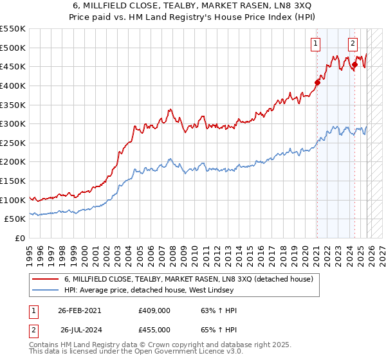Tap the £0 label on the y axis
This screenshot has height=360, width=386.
coord(19,238)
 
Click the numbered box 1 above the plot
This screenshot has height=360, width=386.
coord(317,44)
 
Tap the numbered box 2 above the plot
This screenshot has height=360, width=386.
coord(353,44)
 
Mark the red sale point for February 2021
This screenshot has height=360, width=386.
coord(317,82)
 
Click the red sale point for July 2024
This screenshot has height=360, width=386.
coord(354,64)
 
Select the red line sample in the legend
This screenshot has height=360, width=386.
coord(46,279)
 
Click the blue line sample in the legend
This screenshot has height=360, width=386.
coord(46,290)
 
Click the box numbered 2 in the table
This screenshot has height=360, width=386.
coord(33,330)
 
